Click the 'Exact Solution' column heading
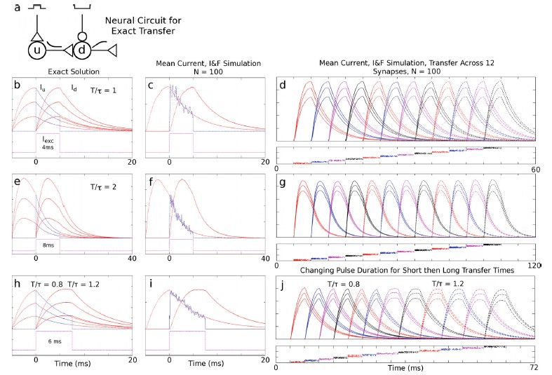coord(67,71)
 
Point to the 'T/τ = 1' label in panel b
coord(109,90)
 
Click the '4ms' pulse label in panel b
coord(47,148)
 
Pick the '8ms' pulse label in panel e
coord(47,246)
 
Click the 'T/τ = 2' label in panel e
coord(109,189)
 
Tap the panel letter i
coord(151,285)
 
